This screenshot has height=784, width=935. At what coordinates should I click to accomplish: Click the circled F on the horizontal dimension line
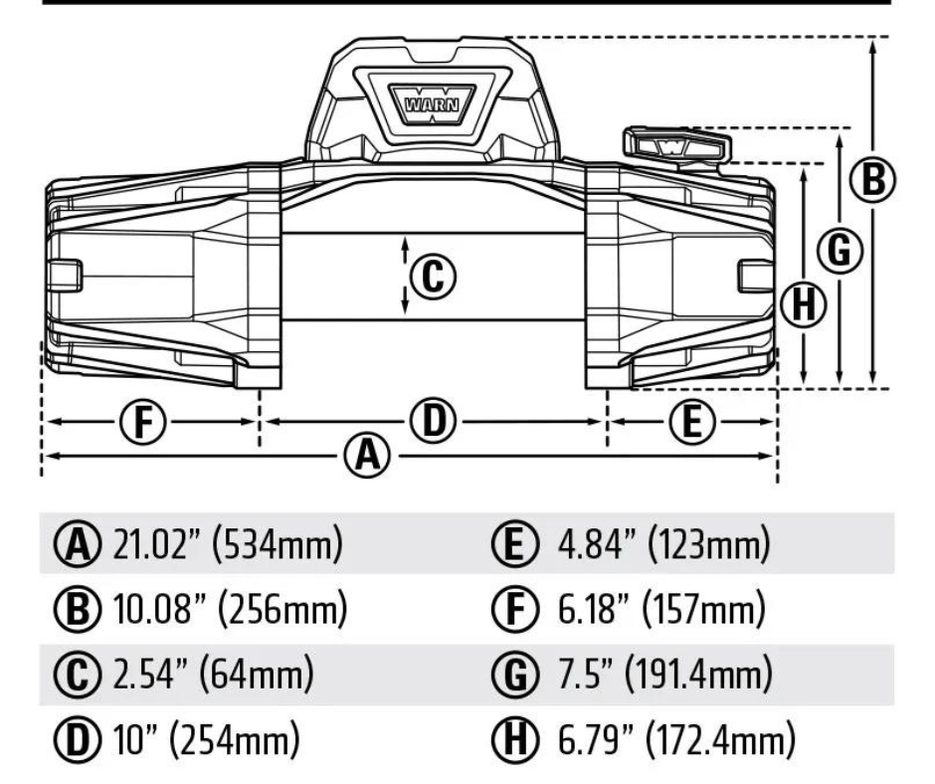pyautogui.click(x=146, y=422)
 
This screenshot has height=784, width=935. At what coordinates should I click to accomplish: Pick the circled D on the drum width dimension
pyautogui.click(x=434, y=422)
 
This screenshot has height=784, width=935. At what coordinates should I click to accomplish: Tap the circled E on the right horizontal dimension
pyautogui.click(x=693, y=422)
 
